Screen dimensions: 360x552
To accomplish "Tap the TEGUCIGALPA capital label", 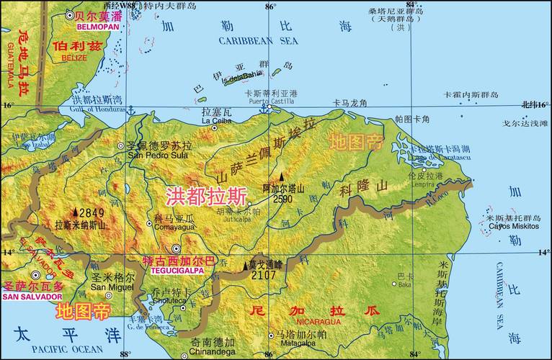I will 177,271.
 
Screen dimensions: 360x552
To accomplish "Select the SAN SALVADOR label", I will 32,297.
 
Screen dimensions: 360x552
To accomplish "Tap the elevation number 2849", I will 92,213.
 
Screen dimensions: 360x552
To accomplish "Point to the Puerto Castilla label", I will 268,102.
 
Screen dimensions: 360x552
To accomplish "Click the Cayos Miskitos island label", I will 514,226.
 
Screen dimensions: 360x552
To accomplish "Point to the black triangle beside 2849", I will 75,212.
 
